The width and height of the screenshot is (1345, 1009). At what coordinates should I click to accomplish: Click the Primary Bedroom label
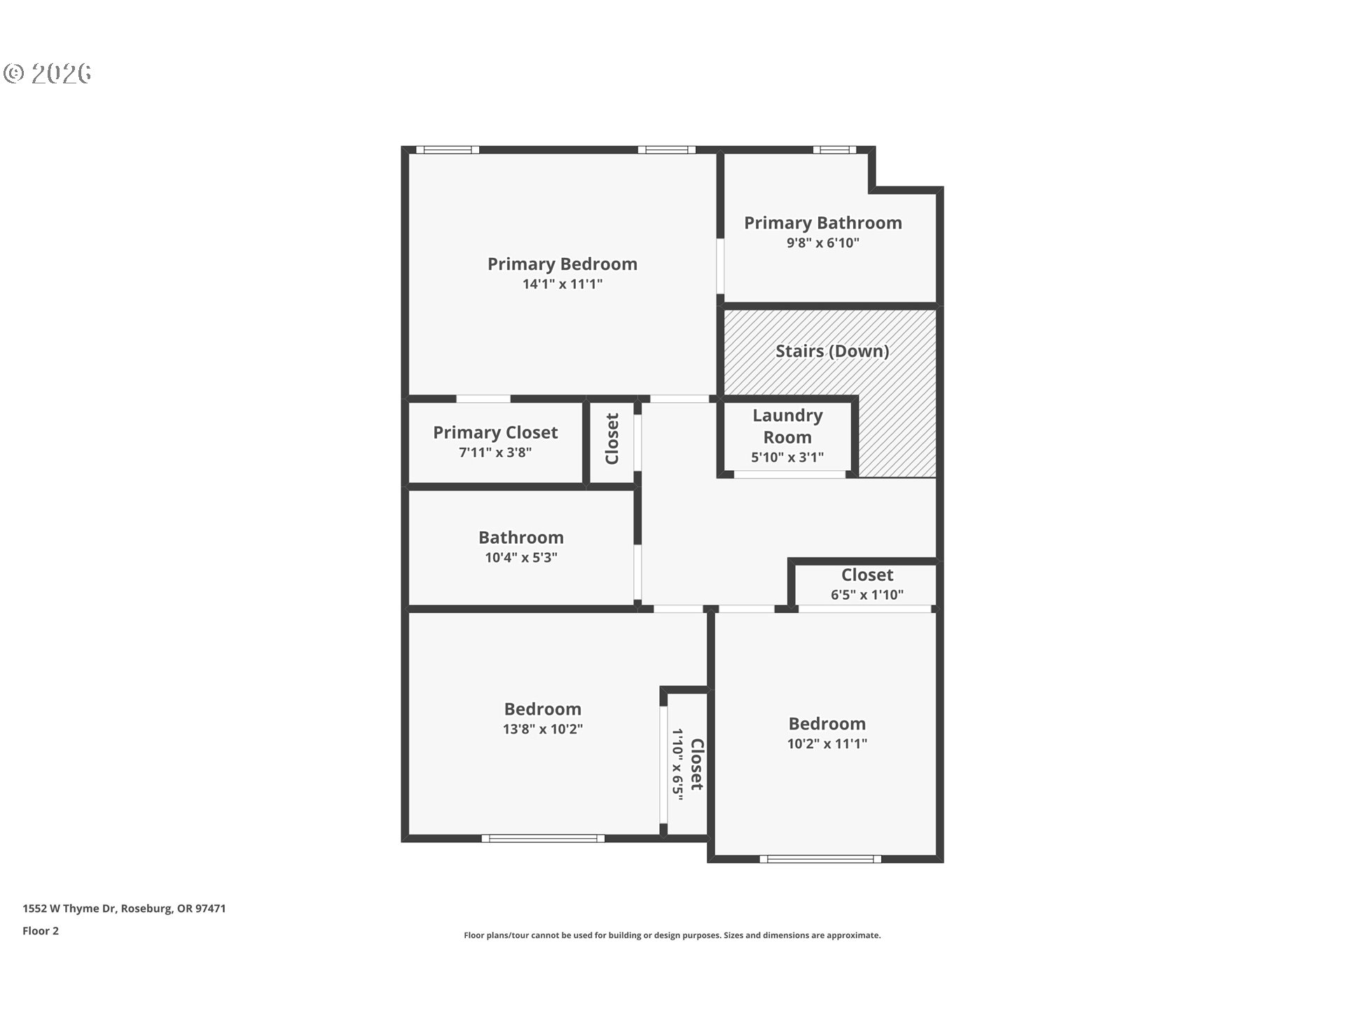coord(563,264)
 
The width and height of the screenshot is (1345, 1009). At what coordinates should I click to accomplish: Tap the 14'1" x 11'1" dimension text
coord(563,284)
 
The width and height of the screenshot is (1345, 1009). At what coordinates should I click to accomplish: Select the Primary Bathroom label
coord(823,223)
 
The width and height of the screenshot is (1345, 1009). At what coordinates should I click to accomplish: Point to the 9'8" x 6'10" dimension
coord(823,242)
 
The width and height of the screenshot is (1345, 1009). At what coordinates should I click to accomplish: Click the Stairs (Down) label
coord(832,351)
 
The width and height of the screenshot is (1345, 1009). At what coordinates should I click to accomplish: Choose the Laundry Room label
coord(787,426)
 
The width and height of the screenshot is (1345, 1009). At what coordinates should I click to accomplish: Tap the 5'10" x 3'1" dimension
coord(787,458)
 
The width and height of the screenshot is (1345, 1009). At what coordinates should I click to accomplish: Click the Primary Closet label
coord(495,432)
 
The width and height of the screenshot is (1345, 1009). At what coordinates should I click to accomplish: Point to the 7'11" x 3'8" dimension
coord(495,453)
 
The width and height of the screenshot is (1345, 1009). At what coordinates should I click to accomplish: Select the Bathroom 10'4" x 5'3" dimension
coord(521,558)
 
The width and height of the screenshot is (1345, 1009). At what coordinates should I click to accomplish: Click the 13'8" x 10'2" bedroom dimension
coord(543,729)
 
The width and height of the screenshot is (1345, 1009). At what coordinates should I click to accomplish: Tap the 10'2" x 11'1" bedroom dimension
coord(827,743)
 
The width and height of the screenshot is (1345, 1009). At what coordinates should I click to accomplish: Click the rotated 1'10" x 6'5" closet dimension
coord(677,764)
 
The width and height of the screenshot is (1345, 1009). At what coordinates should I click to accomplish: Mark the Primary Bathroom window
coord(834,149)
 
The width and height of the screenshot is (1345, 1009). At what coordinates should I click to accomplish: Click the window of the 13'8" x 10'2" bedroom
coord(543,838)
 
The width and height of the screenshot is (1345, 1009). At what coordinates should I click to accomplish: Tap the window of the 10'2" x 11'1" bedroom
coord(821,859)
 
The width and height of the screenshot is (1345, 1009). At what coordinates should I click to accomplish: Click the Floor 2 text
coord(41,931)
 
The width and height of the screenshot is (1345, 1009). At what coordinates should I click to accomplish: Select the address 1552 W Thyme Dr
coord(69,908)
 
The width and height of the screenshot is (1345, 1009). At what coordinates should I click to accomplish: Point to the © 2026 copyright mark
coord(48,73)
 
